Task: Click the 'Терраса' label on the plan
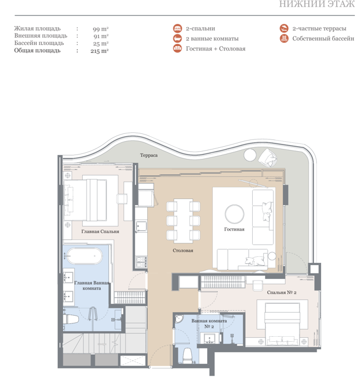[149, 155]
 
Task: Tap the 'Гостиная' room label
[234, 229]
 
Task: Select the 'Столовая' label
[183, 251]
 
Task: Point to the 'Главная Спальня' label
[100, 232]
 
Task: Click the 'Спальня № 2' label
[282, 292]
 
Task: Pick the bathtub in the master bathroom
[84, 256]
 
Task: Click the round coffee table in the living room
[234, 214]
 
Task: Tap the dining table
[183, 221]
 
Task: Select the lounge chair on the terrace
[268, 158]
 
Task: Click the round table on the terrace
[249, 155]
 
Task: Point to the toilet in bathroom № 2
[187, 355]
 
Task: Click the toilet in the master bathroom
[71, 319]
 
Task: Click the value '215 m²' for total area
[99, 51]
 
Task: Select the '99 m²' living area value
[101, 29]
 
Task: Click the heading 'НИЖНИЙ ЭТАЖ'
[317, 4]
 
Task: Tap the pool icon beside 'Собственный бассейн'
[284, 38]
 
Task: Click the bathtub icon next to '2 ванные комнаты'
[178, 38]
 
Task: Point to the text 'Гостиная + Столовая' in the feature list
[216, 49]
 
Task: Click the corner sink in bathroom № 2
[178, 319]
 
